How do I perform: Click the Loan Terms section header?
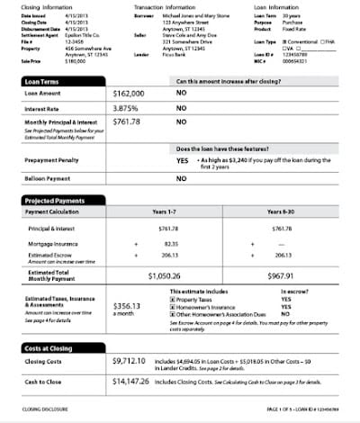[40, 81]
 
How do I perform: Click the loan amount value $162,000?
[131, 93]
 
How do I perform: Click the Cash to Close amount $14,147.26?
[137, 382]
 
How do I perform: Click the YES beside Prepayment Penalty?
[182, 159]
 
